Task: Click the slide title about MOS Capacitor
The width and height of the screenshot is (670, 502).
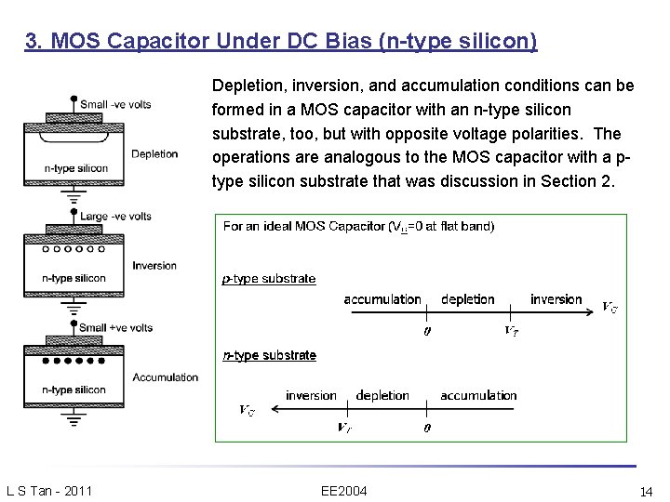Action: pos(282,42)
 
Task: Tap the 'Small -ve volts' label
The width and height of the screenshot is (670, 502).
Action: pos(116,104)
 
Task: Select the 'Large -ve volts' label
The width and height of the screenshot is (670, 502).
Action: pos(116,216)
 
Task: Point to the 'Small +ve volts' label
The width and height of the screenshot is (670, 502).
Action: pos(116,327)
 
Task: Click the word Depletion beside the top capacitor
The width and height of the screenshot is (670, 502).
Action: pos(154,153)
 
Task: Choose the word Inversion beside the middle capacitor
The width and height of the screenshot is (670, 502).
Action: pos(154,265)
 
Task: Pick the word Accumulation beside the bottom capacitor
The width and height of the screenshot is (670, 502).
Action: pos(166,376)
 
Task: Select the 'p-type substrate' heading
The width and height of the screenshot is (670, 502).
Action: pos(269,278)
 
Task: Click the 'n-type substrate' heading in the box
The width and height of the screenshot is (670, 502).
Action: pos(269,355)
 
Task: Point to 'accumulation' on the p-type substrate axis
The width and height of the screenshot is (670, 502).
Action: pos(382,298)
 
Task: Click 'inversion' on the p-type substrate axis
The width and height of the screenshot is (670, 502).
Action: pos(556,298)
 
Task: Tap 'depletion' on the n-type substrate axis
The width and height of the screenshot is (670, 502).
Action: pos(382,395)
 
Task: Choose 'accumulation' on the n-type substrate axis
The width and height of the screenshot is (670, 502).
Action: pos(478,395)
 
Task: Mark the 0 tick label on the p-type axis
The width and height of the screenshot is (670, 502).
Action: pos(427,331)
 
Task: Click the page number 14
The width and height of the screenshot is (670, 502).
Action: pos(647,490)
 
